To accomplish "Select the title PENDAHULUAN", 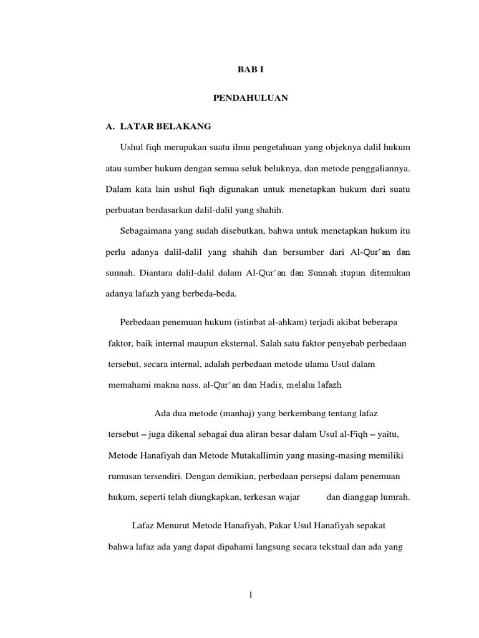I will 250,98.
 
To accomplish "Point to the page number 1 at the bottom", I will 250,595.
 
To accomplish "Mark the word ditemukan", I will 386,272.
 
